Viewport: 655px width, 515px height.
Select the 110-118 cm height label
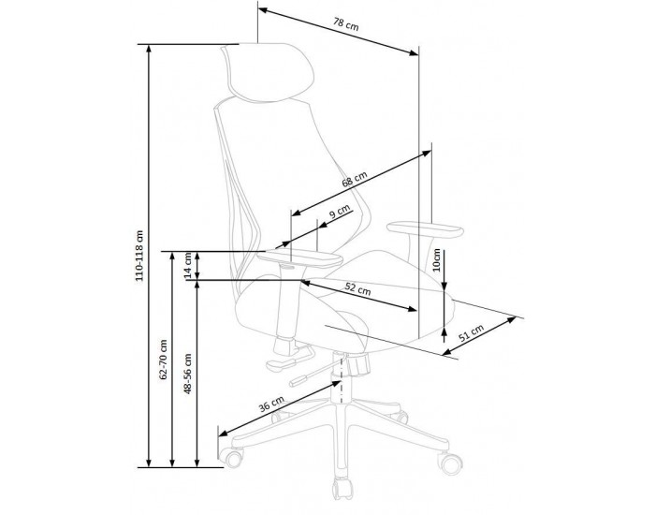pyautogui.click(x=139, y=256)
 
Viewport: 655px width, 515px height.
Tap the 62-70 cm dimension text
pyautogui.click(x=164, y=359)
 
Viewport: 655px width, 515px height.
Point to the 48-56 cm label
pyautogui.click(x=188, y=374)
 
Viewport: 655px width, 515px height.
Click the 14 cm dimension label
pyautogui.click(x=188, y=265)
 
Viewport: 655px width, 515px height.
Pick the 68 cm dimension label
pyautogui.click(x=355, y=179)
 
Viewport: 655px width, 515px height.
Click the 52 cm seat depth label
pyautogui.click(x=357, y=288)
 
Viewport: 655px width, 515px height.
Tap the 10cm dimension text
pyautogui.click(x=437, y=260)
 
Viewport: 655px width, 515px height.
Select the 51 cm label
pyautogui.click(x=472, y=332)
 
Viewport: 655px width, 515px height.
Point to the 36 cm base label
pyautogui.click(x=271, y=404)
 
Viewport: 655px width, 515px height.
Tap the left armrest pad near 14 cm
pyautogui.click(x=299, y=258)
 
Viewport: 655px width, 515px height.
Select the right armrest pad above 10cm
pyautogui.click(x=425, y=230)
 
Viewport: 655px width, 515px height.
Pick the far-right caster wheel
pyautogui.click(x=451, y=463)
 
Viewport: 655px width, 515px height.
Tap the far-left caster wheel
pyautogui.click(x=232, y=457)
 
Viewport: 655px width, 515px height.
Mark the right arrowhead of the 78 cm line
pyautogui.click(x=414, y=52)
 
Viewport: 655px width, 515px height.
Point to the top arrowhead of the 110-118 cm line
pyautogui.click(x=148, y=50)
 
